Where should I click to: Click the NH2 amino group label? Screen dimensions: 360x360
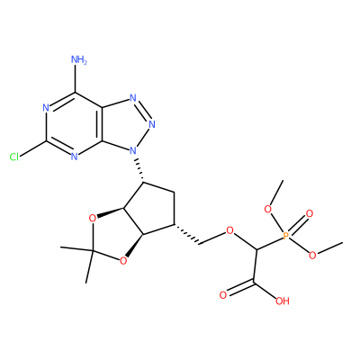pyautogui.click(x=78, y=59)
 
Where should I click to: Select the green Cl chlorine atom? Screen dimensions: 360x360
pyautogui.click(x=13, y=157)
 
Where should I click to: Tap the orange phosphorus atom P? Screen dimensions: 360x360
pyautogui.click(x=285, y=236)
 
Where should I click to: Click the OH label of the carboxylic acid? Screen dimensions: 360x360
pyautogui.click(x=283, y=301)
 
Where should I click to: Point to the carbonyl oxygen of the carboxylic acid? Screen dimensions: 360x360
pyautogui.click(x=223, y=295)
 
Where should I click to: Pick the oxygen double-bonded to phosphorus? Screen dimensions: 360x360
pyautogui.click(x=310, y=214)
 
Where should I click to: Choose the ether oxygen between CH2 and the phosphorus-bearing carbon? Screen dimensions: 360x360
pyautogui.click(x=229, y=230)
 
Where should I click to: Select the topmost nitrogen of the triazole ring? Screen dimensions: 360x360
pyautogui.click(x=133, y=98)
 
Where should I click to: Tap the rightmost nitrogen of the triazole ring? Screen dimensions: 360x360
pyautogui.click(x=152, y=124)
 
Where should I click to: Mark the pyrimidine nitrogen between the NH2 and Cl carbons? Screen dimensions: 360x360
pyautogui.click(x=46, y=108)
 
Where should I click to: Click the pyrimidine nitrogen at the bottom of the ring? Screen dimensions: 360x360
pyautogui.click(x=75, y=157)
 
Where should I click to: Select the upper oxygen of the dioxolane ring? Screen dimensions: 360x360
pyautogui.click(x=93, y=219)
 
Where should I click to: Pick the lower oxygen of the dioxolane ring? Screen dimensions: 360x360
pyautogui.click(x=122, y=261)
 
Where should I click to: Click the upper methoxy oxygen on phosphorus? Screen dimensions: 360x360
pyautogui.click(x=268, y=209)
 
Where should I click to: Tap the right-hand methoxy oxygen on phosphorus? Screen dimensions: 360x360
pyautogui.click(x=312, y=256)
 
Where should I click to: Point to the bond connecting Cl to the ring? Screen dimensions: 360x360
pyautogui.click(x=33, y=148)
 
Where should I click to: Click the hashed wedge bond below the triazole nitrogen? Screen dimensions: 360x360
pyautogui.click(x=139, y=169)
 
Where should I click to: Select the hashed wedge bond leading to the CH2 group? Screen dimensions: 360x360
pyautogui.click(x=186, y=234)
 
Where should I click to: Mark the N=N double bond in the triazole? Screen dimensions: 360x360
pyautogui.click(x=143, y=111)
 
